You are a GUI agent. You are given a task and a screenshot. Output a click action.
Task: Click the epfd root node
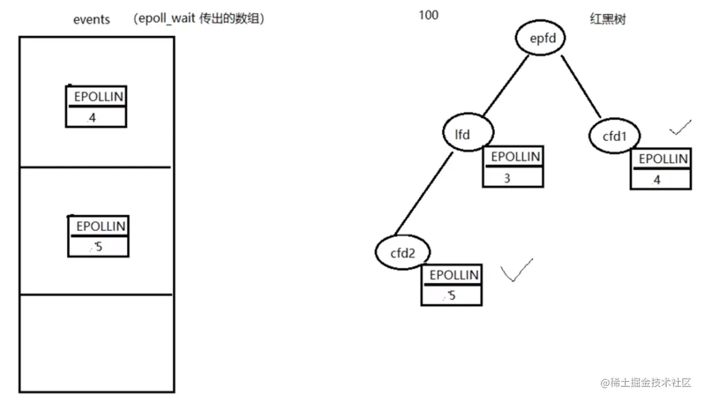click(x=540, y=39)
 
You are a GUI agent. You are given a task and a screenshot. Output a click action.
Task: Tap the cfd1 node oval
click(x=614, y=136)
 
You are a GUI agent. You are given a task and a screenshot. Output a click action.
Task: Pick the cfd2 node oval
click(x=403, y=253)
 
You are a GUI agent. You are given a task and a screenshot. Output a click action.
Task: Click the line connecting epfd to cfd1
click(x=581, y=86)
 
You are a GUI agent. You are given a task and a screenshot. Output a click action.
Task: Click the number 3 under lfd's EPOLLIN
click(x=507, y=178)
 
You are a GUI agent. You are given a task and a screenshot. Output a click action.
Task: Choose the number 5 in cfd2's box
click(x=452, y=295)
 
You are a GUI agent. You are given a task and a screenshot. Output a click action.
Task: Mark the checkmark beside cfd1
click(x=680, y=127)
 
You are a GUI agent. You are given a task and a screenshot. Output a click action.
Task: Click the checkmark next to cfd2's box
click(x=516, y=270)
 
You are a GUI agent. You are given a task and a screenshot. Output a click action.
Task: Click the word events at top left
click(x=91, y=19)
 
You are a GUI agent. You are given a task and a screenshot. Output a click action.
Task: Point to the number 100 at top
click(x=429, y=15)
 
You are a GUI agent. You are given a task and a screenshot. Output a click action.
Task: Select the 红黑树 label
click(x=607, y=19)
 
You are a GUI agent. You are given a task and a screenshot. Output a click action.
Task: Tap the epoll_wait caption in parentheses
click(x=199, y=19)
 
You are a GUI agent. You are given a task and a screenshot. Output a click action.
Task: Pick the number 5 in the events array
click(x=99, y=246)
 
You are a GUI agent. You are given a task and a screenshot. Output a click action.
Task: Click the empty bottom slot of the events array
click(x=96, y=342)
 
